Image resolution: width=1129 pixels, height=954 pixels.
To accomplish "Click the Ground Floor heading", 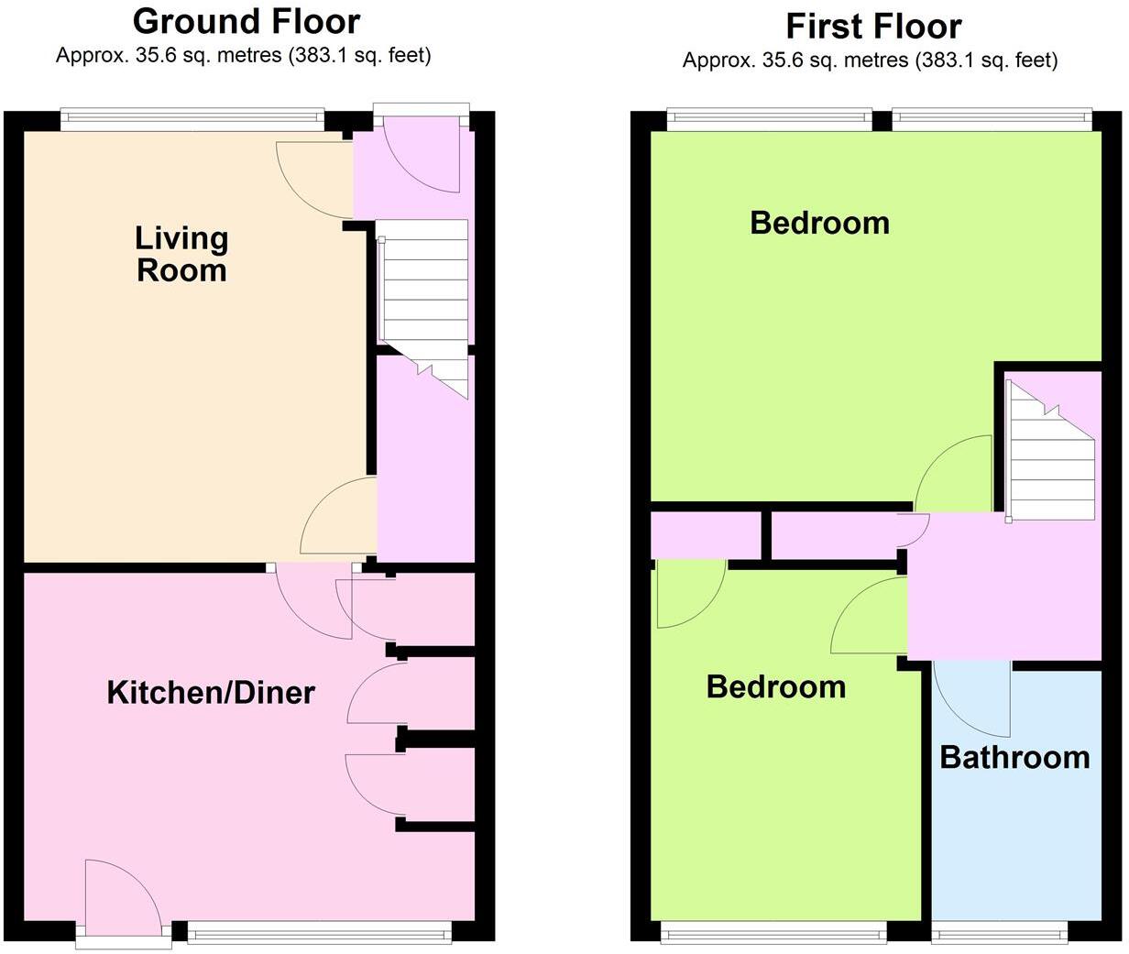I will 247,20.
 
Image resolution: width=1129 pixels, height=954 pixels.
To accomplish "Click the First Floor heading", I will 873,26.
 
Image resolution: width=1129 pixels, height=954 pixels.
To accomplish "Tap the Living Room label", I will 181,254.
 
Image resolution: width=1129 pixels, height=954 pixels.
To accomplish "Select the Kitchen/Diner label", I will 211,692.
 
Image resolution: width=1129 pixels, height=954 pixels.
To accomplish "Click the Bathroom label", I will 1014,758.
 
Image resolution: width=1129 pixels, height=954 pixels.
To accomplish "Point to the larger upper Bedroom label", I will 819,223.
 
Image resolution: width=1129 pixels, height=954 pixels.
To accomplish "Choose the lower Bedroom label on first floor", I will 775,686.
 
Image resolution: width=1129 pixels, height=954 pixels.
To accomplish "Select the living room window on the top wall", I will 192,118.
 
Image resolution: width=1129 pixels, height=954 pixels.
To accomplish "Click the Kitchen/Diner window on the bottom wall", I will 319,933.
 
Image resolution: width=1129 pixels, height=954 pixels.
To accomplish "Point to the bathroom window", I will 1000,933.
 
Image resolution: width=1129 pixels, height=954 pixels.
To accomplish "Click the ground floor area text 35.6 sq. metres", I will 243,55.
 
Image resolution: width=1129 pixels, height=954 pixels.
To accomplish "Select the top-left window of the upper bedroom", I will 769,118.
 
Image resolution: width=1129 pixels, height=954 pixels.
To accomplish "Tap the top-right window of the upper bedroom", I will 992,118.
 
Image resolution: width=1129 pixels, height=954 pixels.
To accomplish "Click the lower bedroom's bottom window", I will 773,933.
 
